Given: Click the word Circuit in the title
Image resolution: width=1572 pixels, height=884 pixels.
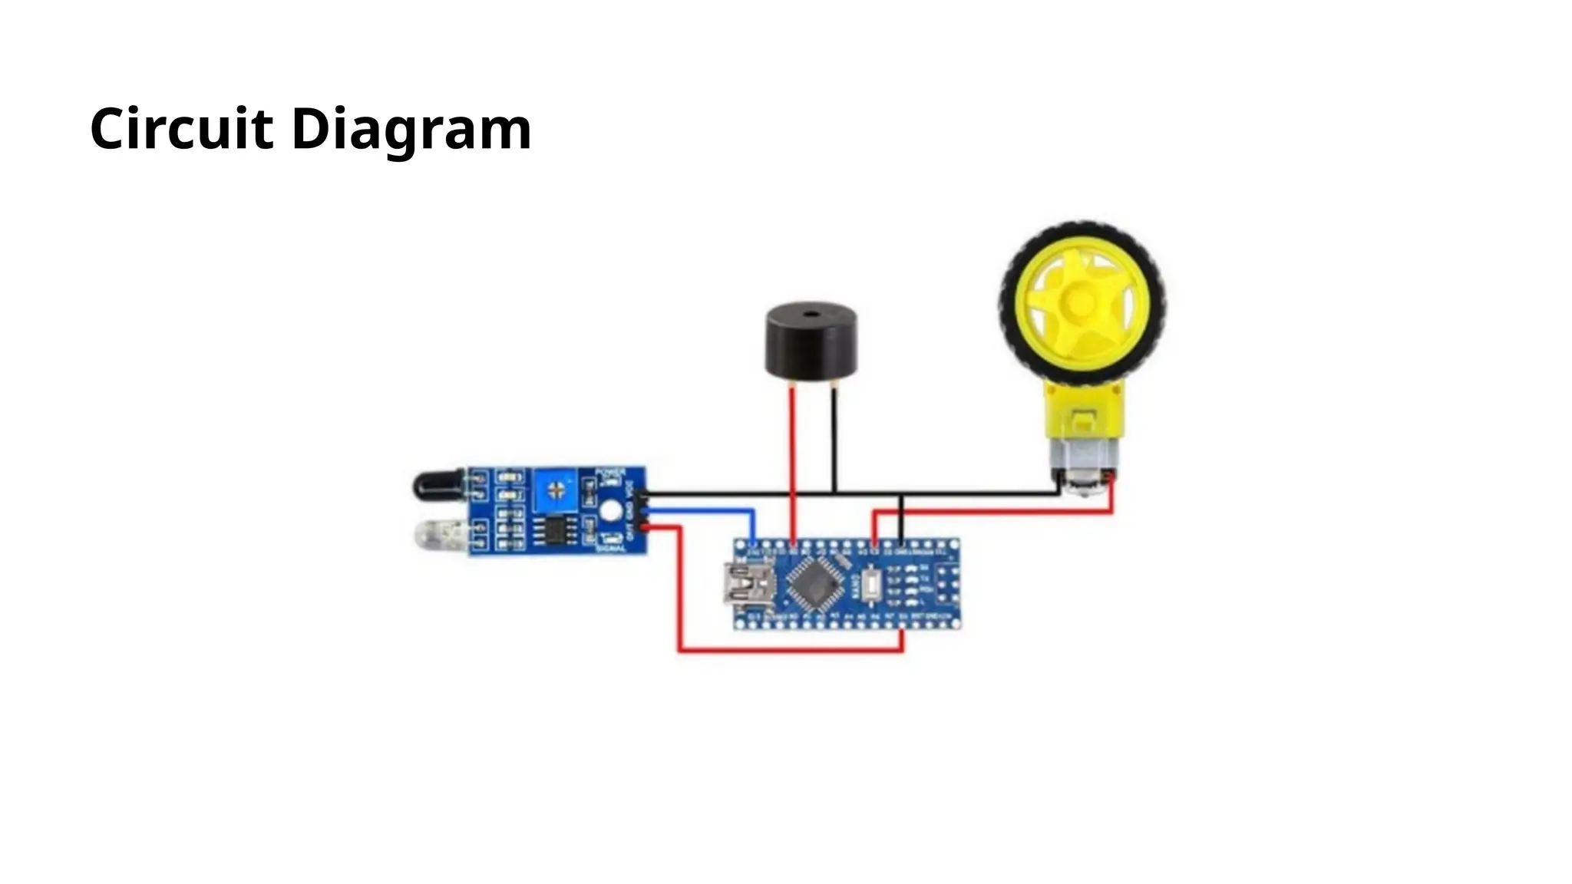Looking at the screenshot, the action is click(x=181, y=128).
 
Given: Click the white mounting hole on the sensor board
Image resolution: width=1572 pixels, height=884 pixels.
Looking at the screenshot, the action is click(x=611, y=511).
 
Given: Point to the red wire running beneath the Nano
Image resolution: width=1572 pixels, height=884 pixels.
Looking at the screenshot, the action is click(x=791, y=651).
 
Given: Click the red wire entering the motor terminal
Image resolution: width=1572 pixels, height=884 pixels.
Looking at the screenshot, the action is click(x=1111, y=495).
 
